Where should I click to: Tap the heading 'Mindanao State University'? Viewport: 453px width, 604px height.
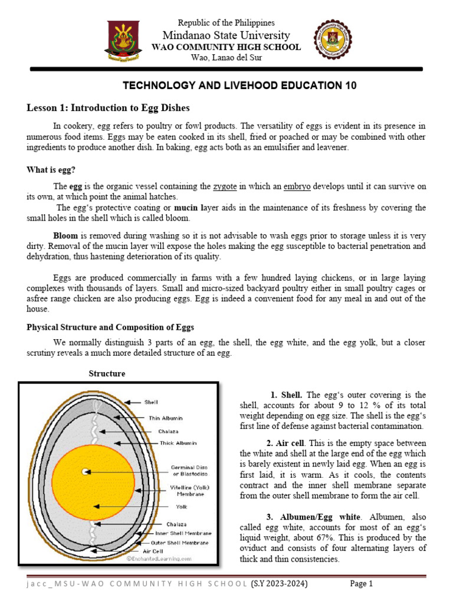coord(226,35)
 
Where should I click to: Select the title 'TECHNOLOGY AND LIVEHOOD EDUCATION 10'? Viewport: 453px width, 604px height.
coord(239,86)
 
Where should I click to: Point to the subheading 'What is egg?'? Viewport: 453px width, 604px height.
coord(51,170)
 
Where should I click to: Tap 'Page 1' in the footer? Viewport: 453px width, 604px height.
coord(362,584)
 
